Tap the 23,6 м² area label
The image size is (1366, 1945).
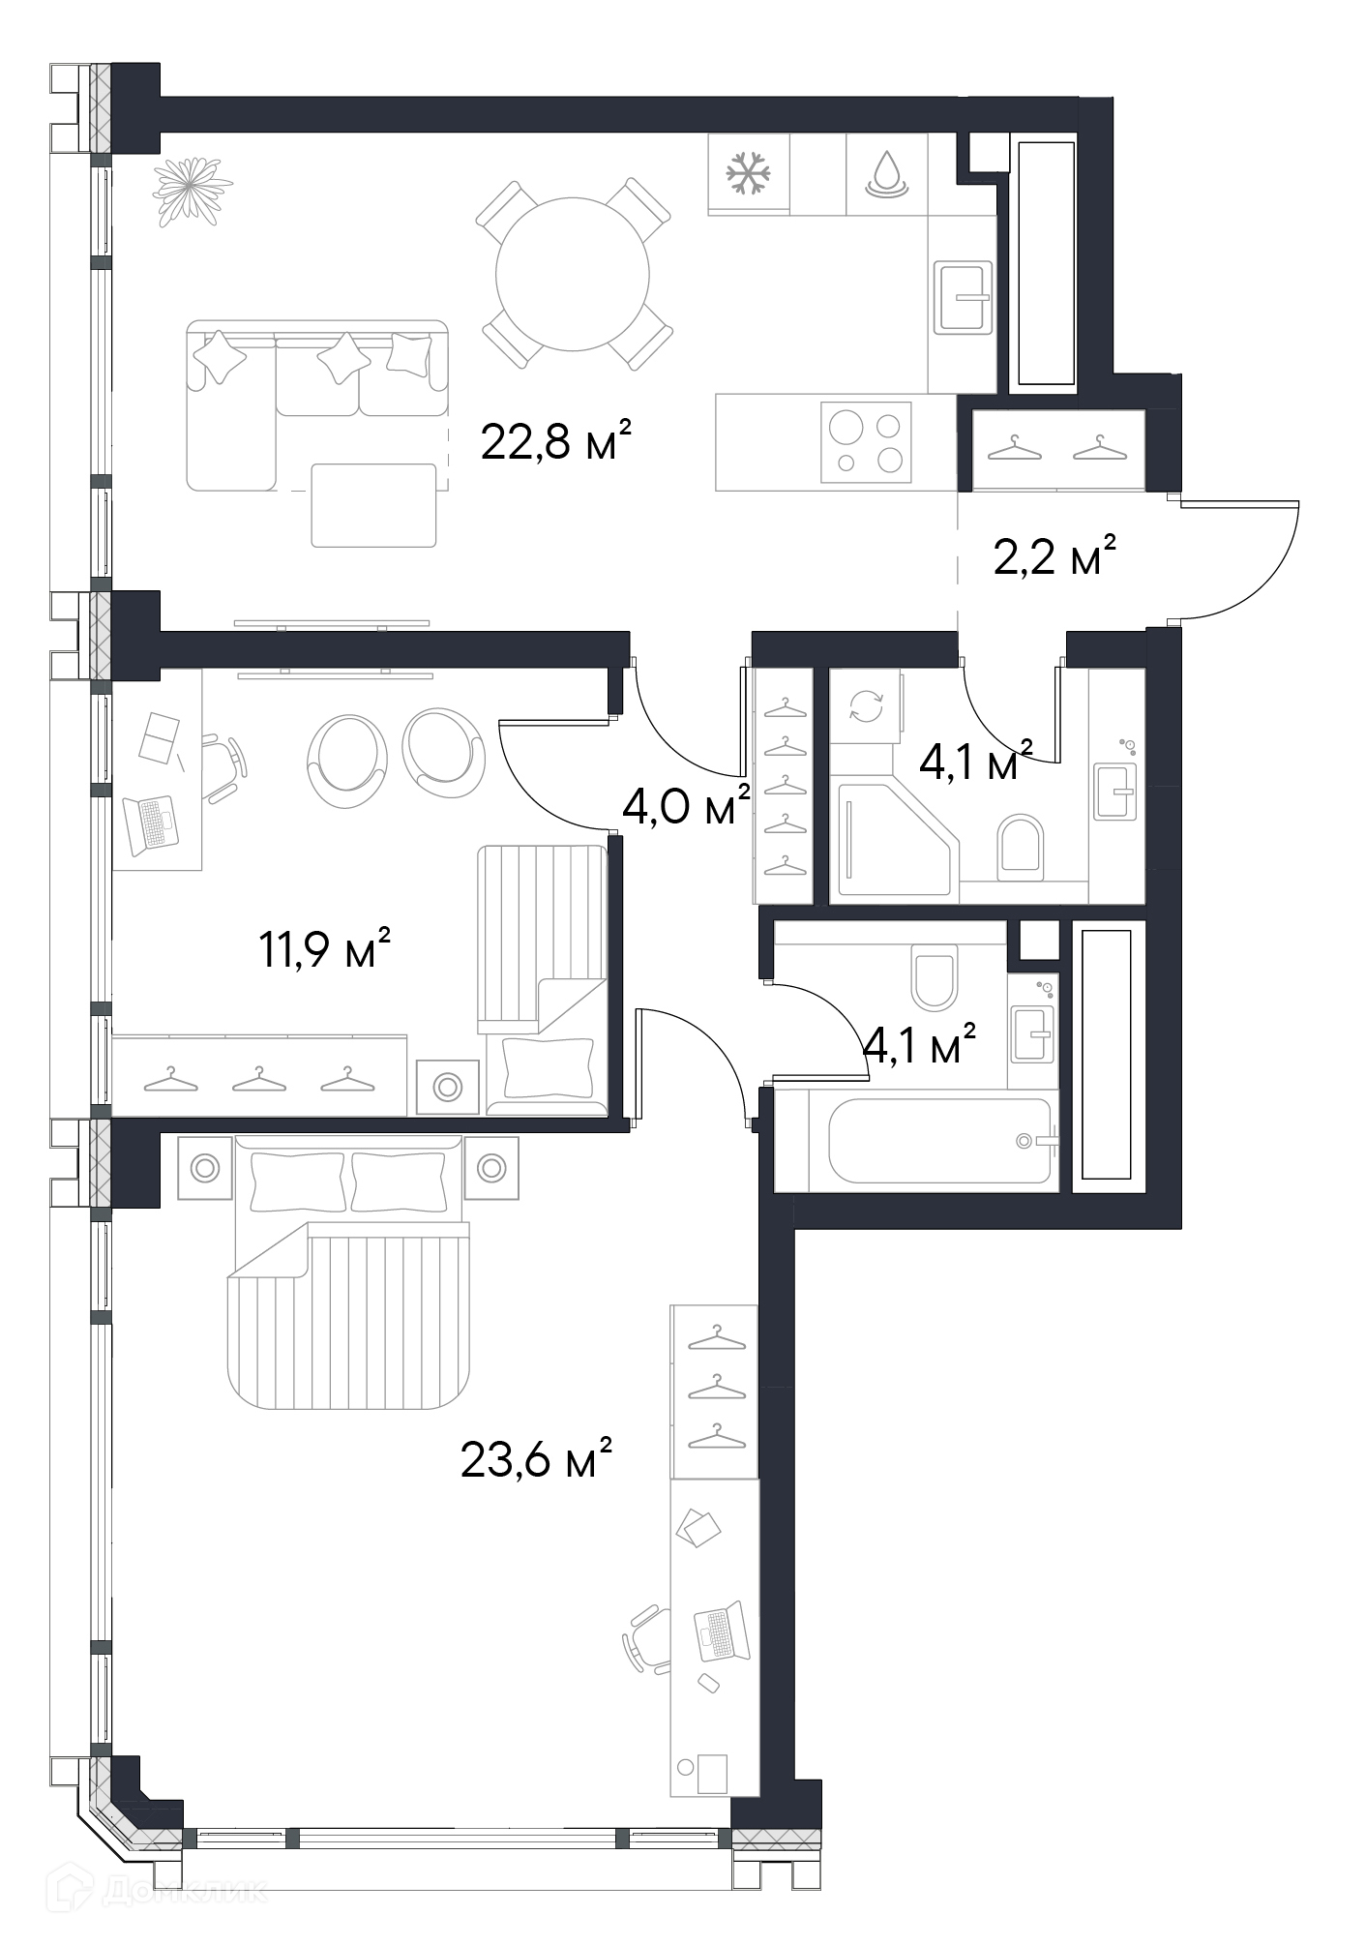(537, 1459)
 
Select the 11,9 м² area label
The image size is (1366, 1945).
(325, 949)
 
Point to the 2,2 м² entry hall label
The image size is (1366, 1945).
(1055, 556)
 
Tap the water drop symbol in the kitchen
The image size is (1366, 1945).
(886, 175)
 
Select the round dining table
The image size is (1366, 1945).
(573, 275)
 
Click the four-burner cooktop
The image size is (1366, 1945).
(866, 442)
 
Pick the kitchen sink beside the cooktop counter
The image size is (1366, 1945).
(963, 297)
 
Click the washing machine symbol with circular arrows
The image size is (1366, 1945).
(866, 705)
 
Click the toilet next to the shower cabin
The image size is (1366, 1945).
(1021, 849)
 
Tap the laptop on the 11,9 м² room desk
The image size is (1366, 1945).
(152, 823)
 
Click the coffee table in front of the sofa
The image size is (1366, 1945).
(373, 505)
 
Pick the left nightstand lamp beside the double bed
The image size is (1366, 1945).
(205, 1169)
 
